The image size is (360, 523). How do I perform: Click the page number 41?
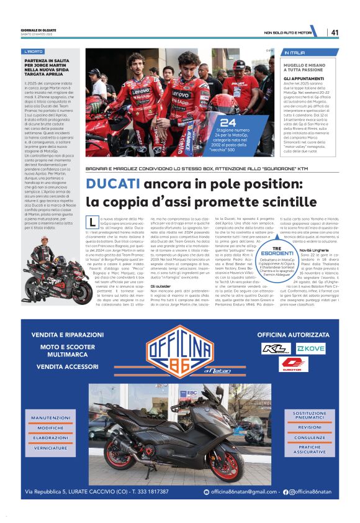335,32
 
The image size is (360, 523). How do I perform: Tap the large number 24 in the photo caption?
228,123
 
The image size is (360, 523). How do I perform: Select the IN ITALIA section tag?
295,52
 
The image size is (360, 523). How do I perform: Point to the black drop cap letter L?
92,222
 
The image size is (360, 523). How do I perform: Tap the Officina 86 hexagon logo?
179,355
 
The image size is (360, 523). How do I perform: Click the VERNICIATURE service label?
51,448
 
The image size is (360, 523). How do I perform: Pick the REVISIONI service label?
309,427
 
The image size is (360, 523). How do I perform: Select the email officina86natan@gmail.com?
245,492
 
